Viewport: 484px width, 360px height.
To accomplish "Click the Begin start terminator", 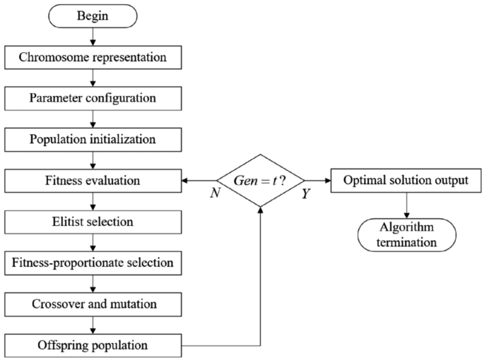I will pyautogui.click(x=93, y=15).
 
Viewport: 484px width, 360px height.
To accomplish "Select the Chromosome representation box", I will pyautogui.click(x=93, y=56).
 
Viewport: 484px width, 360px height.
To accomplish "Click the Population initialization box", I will pyautogui.click(x=93, y=139).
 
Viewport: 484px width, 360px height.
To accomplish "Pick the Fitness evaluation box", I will pyautogui.click(x=93, y=181).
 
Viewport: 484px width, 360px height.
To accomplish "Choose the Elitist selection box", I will pyautogui.click(x=93, y=222).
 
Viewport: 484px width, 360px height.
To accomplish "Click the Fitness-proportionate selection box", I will pyautogui.click(x=93, y=264).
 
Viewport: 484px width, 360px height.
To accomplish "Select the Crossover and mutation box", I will pyautogui.click(x=93, y=305).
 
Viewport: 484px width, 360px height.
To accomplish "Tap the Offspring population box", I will pyautogui.click(x=93, y=347).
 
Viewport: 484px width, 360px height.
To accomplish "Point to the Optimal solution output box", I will pyautogui.click(x=406, y=181).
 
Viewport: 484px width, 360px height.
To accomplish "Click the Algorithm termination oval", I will pyautogui.click(x=406, y=234).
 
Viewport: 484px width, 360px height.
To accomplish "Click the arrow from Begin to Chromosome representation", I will pyautogui.click(x=93, y=36).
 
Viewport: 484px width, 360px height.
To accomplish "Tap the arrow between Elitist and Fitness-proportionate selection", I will pyautogui.click(x=93, y=243).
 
